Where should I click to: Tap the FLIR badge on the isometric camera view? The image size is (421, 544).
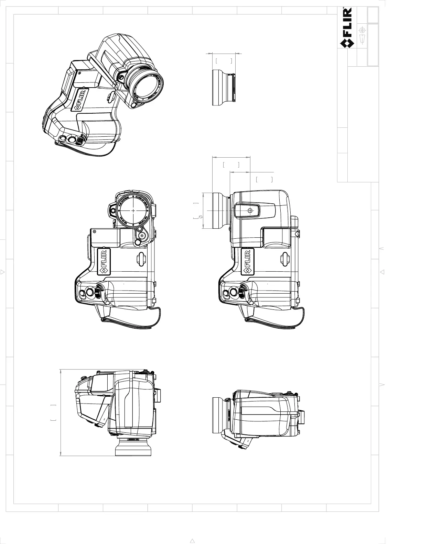pos(80,100)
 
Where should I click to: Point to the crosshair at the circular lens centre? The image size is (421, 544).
pos(133,210)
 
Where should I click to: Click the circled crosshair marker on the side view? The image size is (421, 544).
pos(250,210)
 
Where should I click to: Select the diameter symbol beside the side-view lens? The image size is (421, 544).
pos(201,217)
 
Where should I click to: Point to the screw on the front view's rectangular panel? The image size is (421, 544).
pos(95,232)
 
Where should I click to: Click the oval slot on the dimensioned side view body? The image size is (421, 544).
pos(284,259)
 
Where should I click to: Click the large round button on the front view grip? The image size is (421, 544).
pos(89,292)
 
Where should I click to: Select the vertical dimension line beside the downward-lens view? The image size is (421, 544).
pos(61,412)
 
